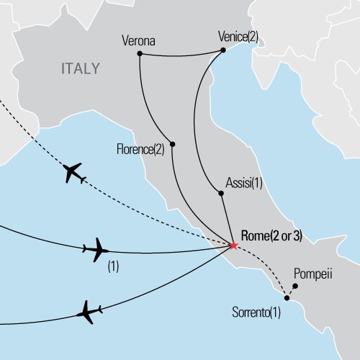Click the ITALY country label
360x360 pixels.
tap(79, 69)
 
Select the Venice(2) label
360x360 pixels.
tap(238, 35)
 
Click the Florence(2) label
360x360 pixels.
tap(140, 150)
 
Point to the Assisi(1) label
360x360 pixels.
tap(244, 184)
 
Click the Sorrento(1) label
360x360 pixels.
tap(256, 312)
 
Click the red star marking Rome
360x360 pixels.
tap(233, 246)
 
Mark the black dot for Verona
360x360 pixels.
tap(139, 53)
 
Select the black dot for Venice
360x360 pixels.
tap(222, 50)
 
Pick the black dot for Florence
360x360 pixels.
tap(172, 144)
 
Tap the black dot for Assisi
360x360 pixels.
tap(219, 192)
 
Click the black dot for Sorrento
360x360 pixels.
tap(287, 297)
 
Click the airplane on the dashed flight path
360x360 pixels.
tap(74, 173)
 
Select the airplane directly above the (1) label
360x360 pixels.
tap(95, 250)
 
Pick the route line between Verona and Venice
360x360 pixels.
tap(180, 52)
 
